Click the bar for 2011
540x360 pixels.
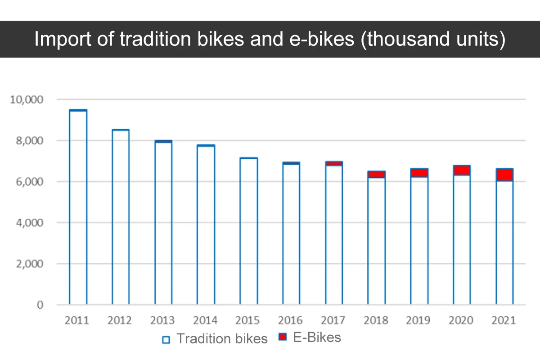point(78,207)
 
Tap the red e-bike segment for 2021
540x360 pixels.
point(504,175)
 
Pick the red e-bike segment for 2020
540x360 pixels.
point(462,170)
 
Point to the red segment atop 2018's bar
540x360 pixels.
point(376,174)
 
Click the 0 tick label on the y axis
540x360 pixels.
point(40,305)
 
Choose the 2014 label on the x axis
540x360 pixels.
point(205,320)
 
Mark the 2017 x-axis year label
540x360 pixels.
point(333,320)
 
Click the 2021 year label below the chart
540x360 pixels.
point(504,320)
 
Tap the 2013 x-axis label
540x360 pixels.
point(162,320)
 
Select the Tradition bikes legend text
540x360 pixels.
point(222,339)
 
